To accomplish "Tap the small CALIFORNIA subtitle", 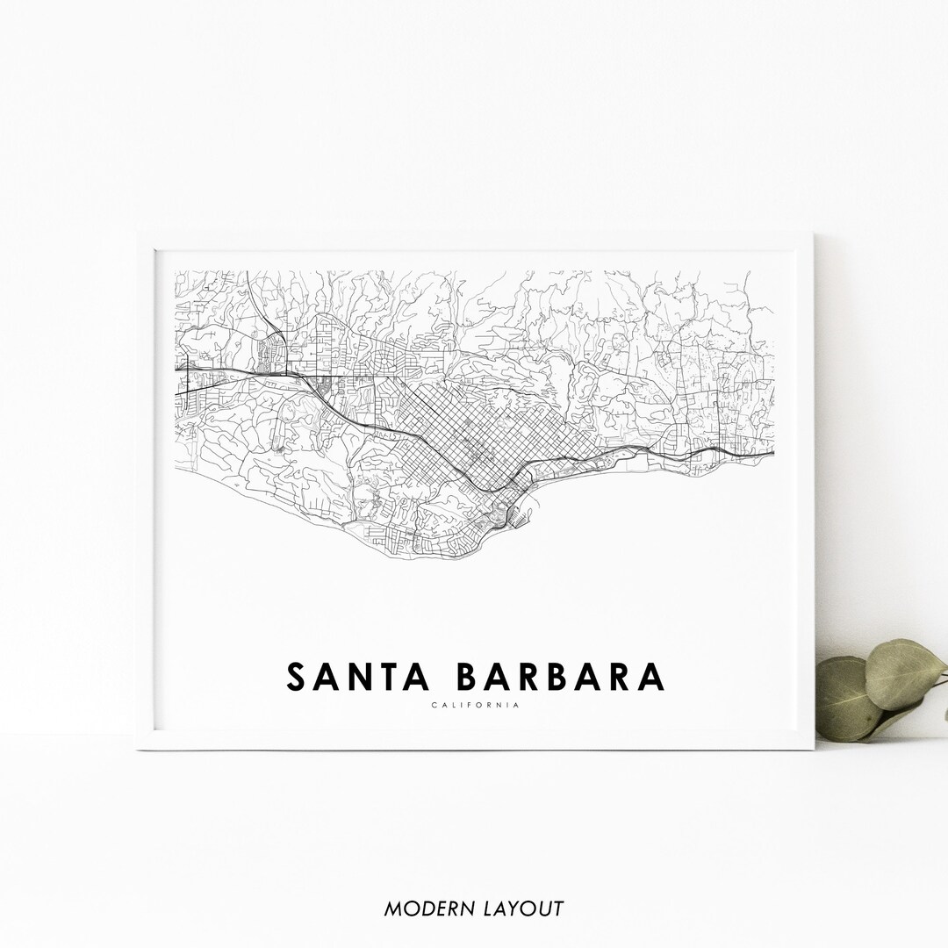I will click(475, 705).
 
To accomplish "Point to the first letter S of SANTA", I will click(297, 677).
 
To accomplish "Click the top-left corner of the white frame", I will click(139, 236).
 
